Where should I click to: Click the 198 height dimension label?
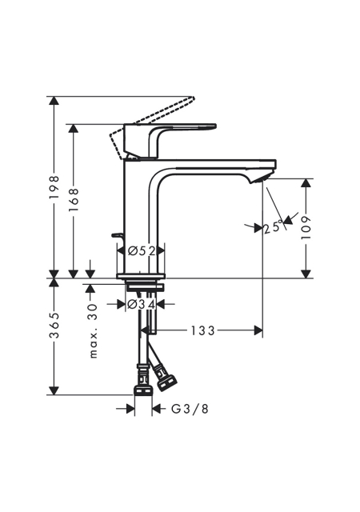click(54, 188)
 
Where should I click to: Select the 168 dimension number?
click(74, 199)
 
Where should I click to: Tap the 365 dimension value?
click(54, 326)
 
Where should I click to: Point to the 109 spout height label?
click(306, 227)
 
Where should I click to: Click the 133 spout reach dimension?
click(202, 330)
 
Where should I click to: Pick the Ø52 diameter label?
click(141, 251)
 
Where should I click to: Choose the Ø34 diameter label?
click(141, 304)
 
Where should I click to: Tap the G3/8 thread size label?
click(190, 409)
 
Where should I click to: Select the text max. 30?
click(94, 330)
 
